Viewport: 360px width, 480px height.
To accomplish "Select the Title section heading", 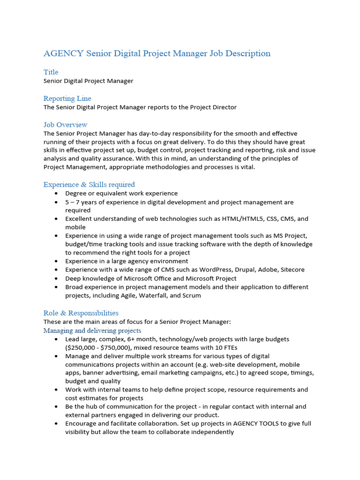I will [51, 72].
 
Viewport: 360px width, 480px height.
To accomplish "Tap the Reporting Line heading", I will [67, 98].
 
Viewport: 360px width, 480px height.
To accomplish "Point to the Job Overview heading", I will [65, 125].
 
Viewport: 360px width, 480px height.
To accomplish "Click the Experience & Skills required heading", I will [89, 185].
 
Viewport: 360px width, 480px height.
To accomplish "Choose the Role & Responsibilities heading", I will [81, 313].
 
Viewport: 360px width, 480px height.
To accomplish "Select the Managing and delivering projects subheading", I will [92, 331].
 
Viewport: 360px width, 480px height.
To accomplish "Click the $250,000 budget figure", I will [82, 348].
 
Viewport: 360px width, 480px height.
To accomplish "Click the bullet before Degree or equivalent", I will [56, 194].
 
